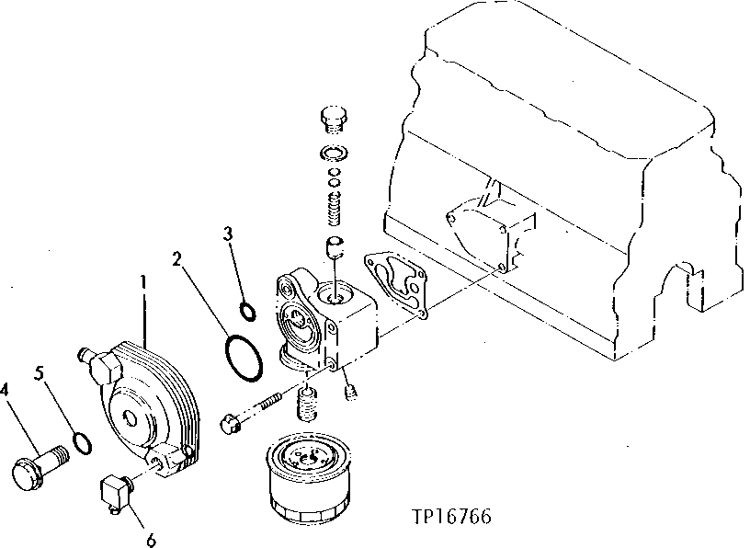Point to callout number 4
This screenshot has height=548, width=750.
(6, 391)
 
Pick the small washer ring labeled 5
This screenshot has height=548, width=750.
(82, 443)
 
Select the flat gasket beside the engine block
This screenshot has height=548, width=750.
(395, 280)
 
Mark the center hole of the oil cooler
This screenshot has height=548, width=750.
(131, 419)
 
